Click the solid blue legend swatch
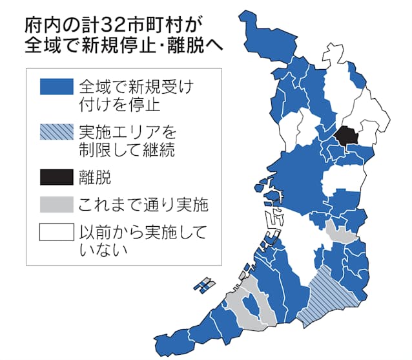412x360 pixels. click(56, 86)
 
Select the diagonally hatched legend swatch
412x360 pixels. click(56, 133)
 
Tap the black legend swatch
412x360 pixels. click(56, 175)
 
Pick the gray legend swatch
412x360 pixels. click(56, 205)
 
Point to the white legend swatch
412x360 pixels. click(56, 231)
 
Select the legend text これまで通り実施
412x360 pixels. click(142, 206)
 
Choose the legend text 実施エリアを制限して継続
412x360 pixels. click(127, 142)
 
